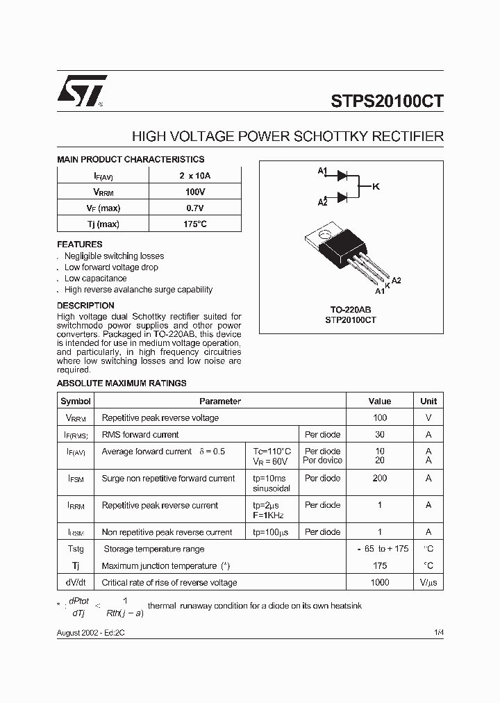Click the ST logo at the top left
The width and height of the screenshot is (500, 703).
click(x=82, y=90)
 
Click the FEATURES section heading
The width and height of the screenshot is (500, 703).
click(x=79, y=245)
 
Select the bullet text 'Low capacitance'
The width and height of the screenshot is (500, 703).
click(x=95, y=279)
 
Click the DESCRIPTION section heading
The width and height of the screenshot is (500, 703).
click(x=85, y=306)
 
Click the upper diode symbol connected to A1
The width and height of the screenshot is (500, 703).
click(x=342, y=176)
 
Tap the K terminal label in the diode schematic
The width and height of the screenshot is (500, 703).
click(x=376, y=186)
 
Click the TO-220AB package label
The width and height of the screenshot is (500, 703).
click(x=351, y=309)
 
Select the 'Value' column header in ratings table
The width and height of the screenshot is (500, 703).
click(x=379, y=401)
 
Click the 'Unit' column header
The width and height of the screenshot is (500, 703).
click(x=428, y=401)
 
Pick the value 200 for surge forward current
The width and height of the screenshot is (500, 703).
click(x=379, y=479)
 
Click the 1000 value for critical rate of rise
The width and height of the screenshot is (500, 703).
click(x=379, y=583)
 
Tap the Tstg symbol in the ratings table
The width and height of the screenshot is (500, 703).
click(x=75, y=549)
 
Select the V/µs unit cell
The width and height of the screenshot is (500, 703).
click(x=428, y=583)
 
